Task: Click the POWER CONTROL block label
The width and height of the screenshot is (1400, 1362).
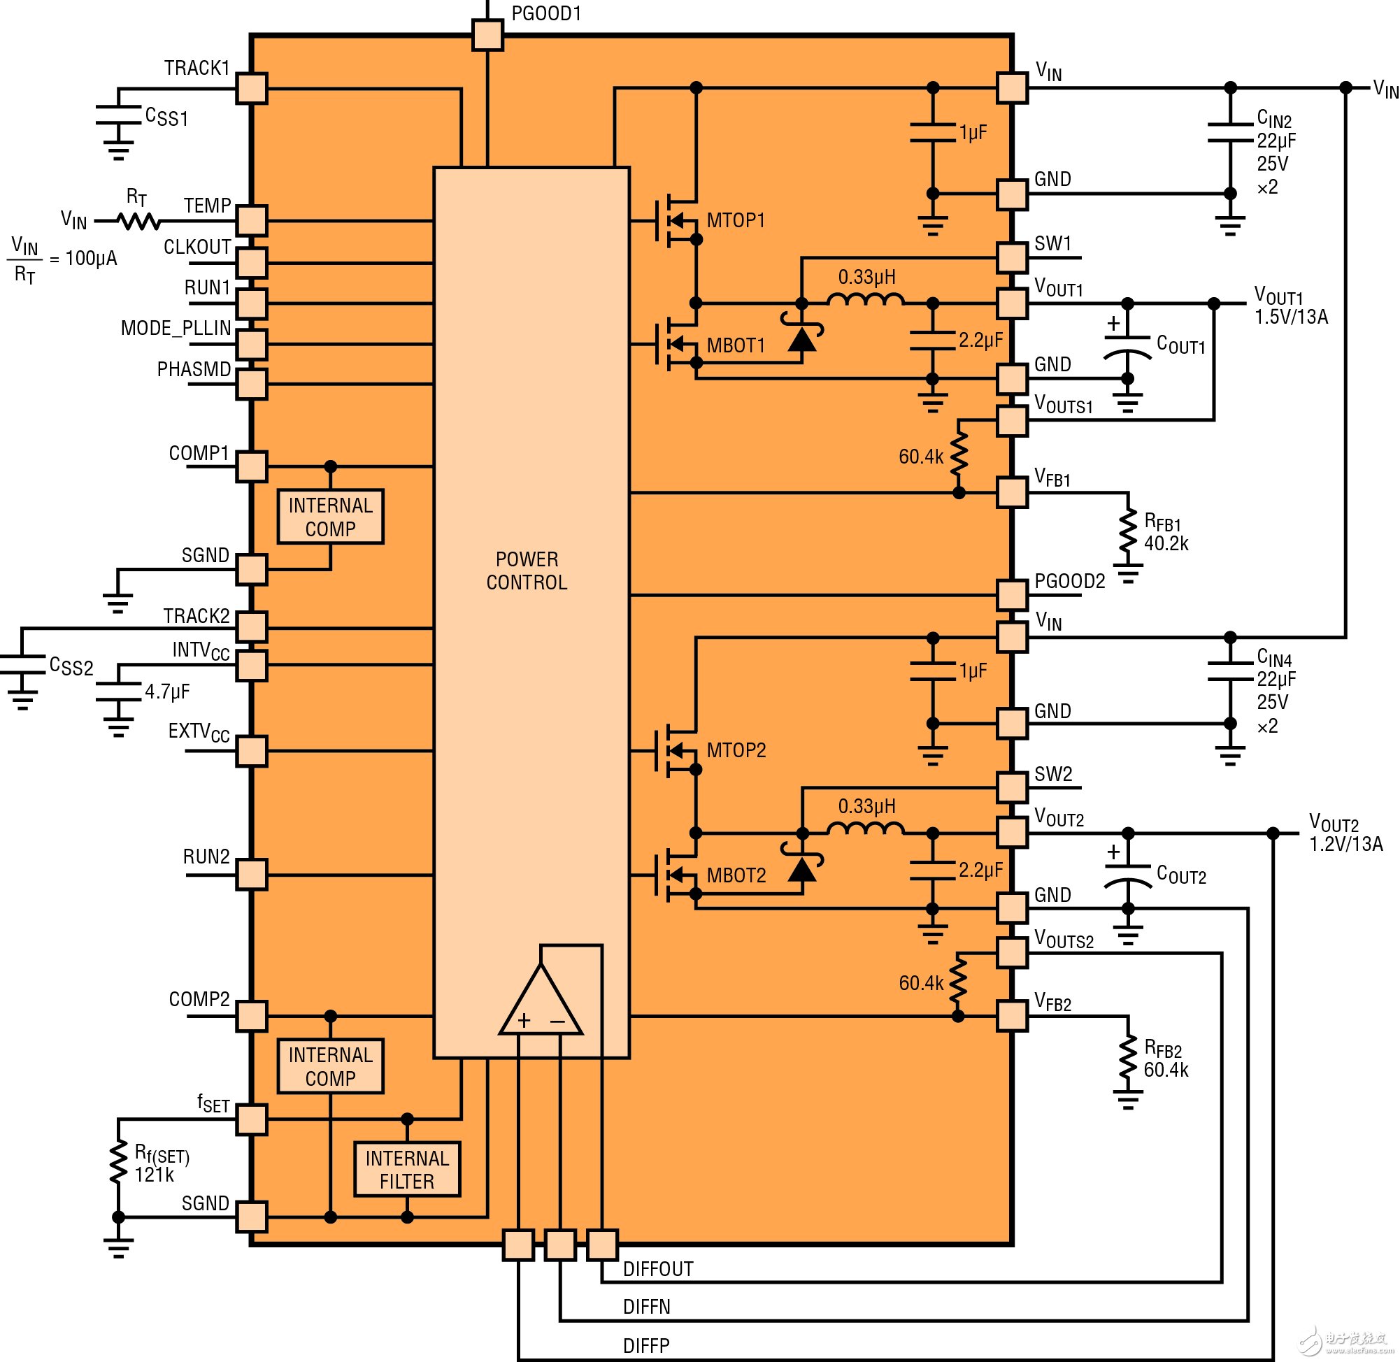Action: pyautogui.click(x=527, y=571)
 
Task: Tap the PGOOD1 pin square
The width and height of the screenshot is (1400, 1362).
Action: pyautogui.click(x=488, y=34)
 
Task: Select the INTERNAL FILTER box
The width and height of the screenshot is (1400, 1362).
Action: pyautogui.click(x=407, y=1170)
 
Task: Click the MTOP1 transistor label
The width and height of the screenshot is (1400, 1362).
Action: pyautogui.click(x=736, y=220)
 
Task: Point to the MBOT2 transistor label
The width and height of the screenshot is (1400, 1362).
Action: pyautogui.click(x=736, y=875)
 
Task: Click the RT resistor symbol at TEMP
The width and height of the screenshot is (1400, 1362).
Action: pyautogui.click(x=139, y=221)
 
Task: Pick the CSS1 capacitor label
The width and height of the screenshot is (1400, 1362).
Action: pyautogui.click(x=166, y=117)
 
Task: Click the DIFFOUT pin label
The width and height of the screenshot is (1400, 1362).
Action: pyautogui.click(x=658, y=1269)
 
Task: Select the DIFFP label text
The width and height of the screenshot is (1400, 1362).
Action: pyautogui.click(x=646, y=1345)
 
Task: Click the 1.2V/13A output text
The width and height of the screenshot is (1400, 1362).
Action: pyautogui.click(x=1345, y=844)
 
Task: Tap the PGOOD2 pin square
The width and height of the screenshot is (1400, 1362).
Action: pyautogui.click(x=1012, y=595)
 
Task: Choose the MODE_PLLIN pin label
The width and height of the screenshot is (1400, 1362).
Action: pyautogui.click(x=176, y=329)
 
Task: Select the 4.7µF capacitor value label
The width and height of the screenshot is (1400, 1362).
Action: pyautogui.click(x=166, y=691)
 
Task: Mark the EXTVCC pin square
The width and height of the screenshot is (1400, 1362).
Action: pyautogui.click(x=252, y=751)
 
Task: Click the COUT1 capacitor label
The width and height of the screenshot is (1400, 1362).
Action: pyautogui.click(x=1180, y=345)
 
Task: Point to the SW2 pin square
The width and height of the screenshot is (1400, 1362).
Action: pyautogui.click(x=1012, y=787)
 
